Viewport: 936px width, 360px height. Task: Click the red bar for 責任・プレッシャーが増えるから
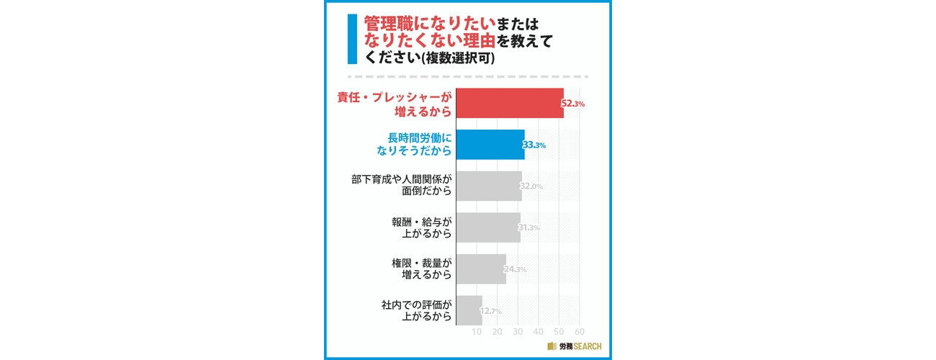[510, 103]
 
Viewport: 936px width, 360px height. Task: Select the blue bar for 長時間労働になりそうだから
[490, 145]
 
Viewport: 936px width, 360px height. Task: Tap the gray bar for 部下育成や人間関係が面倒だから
[488, 186]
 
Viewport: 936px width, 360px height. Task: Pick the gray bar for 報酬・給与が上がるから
[487, 228]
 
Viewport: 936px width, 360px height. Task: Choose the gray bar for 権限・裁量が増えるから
[481, 269]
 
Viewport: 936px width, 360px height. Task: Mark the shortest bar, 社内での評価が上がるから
[469, 310]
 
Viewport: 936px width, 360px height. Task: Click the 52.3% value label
[573, 104]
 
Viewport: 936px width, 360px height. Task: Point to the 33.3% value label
[534, 145]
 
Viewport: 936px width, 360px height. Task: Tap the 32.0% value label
[531, 186]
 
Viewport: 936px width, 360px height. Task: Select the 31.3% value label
[529, 228]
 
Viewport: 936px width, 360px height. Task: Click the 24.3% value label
[515, 270]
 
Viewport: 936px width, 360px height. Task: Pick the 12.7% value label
[490, 311]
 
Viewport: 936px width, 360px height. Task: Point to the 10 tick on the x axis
[477, 332]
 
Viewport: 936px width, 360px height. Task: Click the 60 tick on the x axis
[580, 332]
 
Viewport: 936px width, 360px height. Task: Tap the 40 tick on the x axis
[539, 332]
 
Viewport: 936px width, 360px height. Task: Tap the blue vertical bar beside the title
[352, 40]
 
